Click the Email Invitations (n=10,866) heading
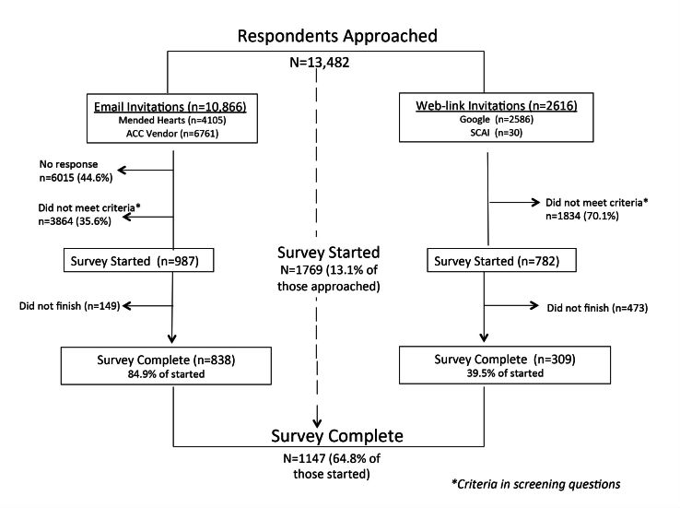[x=167, y=105]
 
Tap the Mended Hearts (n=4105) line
[x=167, y=121]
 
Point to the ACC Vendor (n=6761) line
[x=167, y=135]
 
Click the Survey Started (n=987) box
[x=143, y=262]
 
